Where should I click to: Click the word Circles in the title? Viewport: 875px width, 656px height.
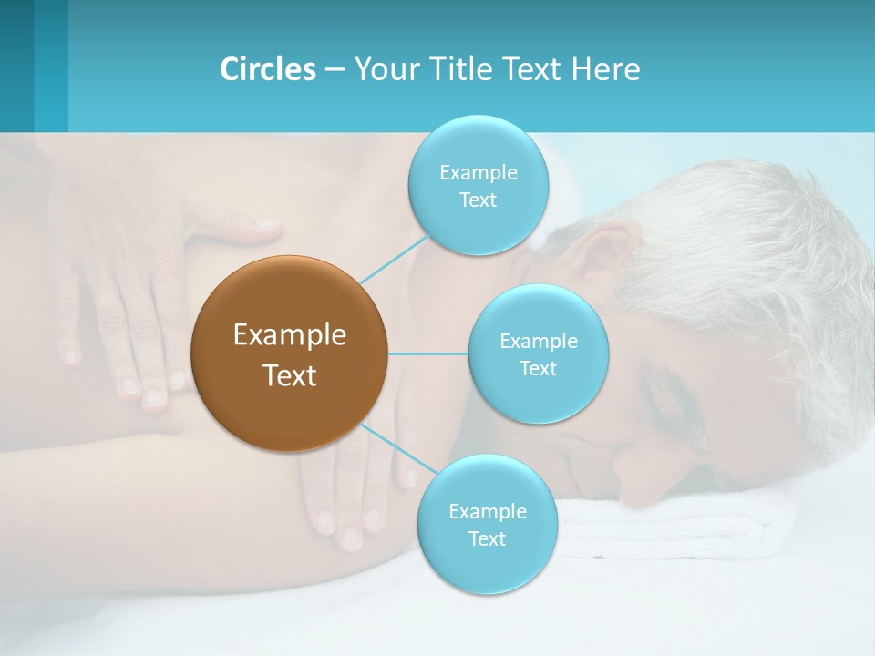pyautogui.click(x=267, y=69)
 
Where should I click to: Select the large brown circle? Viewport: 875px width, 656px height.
pyautogui.click(x=290, y=354)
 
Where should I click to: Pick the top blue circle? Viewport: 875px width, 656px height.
pyautogui.click(x=478, y=186)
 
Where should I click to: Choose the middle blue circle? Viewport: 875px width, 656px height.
pyautogui.click(x=538, y=354)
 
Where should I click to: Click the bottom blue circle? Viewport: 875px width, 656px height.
pyautogui.click(x=487, y=525)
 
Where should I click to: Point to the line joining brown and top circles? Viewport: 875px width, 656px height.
pyautogui.click(x=395, y=258)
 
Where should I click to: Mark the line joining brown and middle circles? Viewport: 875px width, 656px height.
pyautogui.click(x=428, y=354)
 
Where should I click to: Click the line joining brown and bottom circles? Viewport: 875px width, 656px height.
pyautogui.click(x=390, y=447)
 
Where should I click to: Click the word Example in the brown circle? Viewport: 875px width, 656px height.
pyautogui.click(x=290, y=335)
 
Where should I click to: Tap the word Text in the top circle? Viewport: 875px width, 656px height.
pyautogui.click(x=478, y=200)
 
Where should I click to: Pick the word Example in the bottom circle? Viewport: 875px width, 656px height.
pyautogui.click(x=487, y=511)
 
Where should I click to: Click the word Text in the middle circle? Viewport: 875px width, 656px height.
pyautogui.click(x=538, y=369)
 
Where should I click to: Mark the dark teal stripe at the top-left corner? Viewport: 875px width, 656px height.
pyautogui.click(x=16, y=64)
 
